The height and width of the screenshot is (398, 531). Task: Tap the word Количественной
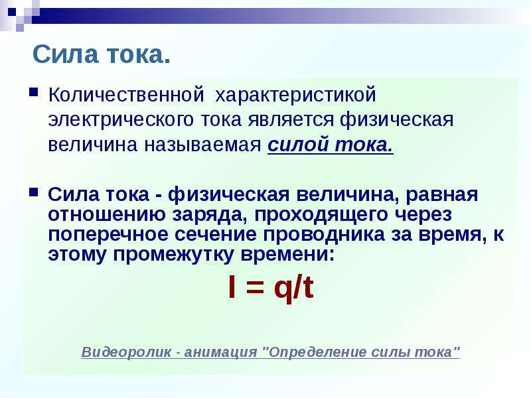click(126, 95)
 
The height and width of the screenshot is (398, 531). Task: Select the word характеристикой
click(295, 96)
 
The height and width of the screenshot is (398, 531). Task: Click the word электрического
click(121, 120)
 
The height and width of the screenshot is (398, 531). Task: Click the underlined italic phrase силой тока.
click(331, 145)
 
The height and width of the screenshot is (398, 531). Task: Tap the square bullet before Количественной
click(34, 92)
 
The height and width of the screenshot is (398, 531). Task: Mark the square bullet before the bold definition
click(34, 192)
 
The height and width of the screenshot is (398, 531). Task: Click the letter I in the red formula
click(232, 287)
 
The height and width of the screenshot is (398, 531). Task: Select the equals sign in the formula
click(254, 288)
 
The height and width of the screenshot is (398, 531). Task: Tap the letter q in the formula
click(283, 291)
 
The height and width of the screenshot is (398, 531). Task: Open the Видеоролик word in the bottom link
click(127, 352)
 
